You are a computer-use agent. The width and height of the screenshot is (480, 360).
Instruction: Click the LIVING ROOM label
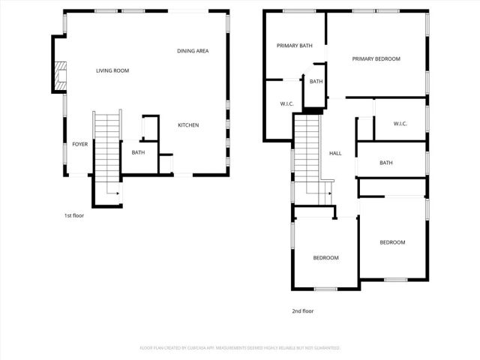112,71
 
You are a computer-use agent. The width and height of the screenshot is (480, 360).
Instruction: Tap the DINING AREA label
193,51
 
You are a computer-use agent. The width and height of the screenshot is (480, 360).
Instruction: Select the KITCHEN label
188,125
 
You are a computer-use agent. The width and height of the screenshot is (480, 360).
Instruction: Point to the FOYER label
79,145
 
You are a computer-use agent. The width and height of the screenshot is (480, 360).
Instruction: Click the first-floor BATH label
138,153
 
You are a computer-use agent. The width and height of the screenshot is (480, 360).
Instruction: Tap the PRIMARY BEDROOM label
376,59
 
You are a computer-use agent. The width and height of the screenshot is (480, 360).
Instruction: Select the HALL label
335,154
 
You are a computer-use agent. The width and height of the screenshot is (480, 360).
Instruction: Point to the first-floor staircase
106,150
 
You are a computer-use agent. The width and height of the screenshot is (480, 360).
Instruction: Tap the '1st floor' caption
73,216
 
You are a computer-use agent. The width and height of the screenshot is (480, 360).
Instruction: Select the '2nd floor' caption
302,310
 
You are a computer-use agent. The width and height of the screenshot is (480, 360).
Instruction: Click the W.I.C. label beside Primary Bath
286,104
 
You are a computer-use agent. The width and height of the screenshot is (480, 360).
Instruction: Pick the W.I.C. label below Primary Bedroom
400,124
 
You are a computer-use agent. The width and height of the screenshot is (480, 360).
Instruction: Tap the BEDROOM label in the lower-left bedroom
325,258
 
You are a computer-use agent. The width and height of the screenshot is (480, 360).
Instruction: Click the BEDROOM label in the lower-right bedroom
392,242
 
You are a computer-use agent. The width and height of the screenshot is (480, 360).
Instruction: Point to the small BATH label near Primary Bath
316,82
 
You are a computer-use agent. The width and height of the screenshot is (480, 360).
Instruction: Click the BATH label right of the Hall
386,163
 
